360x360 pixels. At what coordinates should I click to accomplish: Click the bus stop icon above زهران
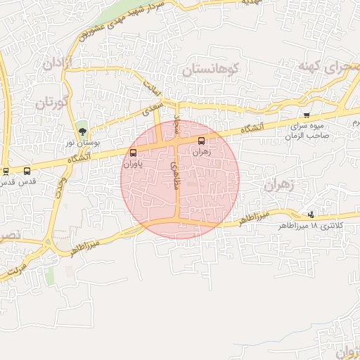(202, 140)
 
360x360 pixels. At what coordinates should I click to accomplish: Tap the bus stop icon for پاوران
(134, 153)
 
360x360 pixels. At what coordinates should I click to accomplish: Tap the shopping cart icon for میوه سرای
(306, 115)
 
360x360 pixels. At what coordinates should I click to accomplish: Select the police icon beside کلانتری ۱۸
(311, 214)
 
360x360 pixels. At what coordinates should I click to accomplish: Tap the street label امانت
(153, 89)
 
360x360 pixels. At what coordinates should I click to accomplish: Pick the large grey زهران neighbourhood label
(281, 184)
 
